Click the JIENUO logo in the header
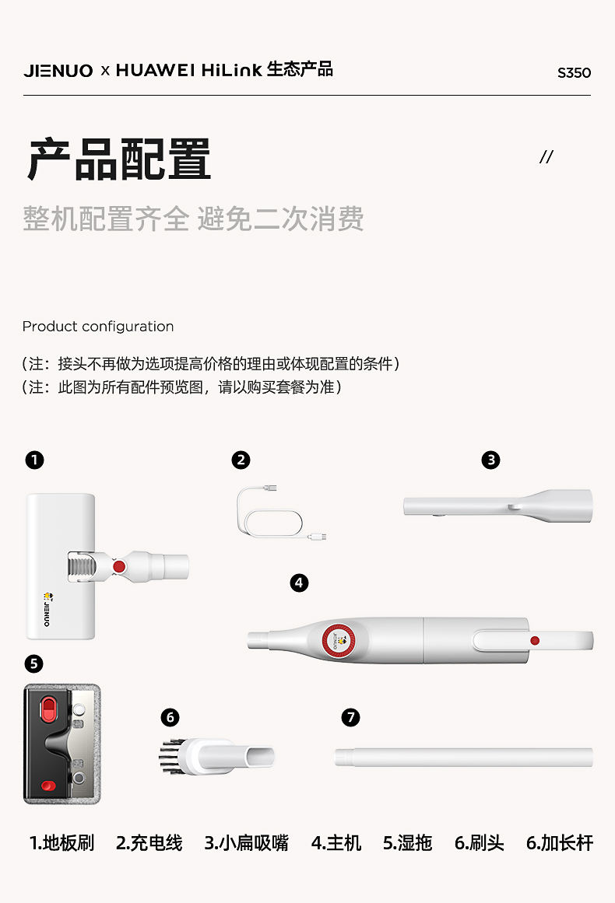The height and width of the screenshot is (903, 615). (x=58, y=71)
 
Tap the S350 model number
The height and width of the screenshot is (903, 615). (x=574, y=73)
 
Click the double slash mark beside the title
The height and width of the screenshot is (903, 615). (x=546, y=156)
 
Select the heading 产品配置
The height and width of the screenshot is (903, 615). (x=119, y=159)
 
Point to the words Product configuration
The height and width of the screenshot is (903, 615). (x=98, y=327)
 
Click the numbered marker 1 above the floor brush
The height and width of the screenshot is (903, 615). (x=34, y=460)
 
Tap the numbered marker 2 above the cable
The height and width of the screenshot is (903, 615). (x=241, y=460)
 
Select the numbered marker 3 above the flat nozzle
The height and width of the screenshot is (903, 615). (x=491, y=460)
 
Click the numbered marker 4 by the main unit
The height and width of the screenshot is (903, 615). (x=299, y=583)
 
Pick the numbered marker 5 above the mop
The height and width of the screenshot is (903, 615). (x=34, y=663)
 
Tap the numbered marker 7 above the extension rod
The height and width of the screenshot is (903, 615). (x=350, y=718)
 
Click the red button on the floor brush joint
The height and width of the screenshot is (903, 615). (x=119, y=567)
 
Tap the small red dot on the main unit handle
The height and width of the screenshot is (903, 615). (x=535, y=640)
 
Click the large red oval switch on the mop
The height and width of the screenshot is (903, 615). (x=48, y=709)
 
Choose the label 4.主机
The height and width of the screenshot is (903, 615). (x=336, y=843)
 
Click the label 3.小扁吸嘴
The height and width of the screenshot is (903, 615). (x=246, y=843)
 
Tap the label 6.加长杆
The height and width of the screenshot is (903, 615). (x=560, y=843)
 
